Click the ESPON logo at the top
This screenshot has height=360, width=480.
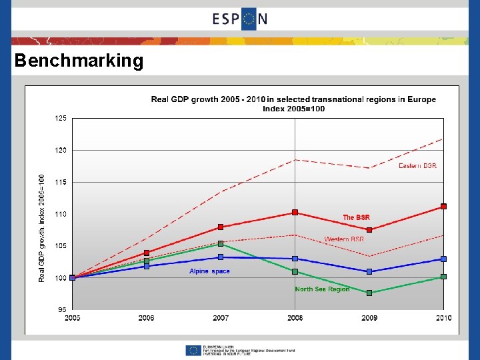[x=240, y=19]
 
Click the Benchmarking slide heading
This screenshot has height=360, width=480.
[x=79, y=61]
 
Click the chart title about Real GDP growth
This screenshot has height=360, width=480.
[x=293, y=104]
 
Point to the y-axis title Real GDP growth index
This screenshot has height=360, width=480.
[x=42, y=227]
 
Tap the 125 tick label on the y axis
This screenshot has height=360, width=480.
[x=60, y=118]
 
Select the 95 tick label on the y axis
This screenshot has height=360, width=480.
[x=61, y=309]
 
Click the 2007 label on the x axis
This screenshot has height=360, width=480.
[x=221, y=318]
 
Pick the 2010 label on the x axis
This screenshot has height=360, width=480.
[x=443, y=318]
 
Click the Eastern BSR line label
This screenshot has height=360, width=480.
[x=417, y=165]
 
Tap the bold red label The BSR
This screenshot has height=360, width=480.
[x=356, y=217]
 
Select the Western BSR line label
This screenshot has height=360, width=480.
[x=344, y=239]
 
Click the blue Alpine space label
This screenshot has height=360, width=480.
[x=209, y=271]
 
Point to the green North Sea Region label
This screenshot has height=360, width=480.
[x=322, y=289]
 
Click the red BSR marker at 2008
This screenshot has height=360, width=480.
[x=295, y=213]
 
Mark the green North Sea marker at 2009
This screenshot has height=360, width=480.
[x=369, y=293]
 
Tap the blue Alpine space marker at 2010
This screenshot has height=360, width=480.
[x=443, y=259]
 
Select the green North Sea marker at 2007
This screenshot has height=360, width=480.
[x=221, y=244]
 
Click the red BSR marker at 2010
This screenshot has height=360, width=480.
[x=443, y=207]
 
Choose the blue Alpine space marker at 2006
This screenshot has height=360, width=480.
[x=147, y=266]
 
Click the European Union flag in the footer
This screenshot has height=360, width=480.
[x=193, y=350]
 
